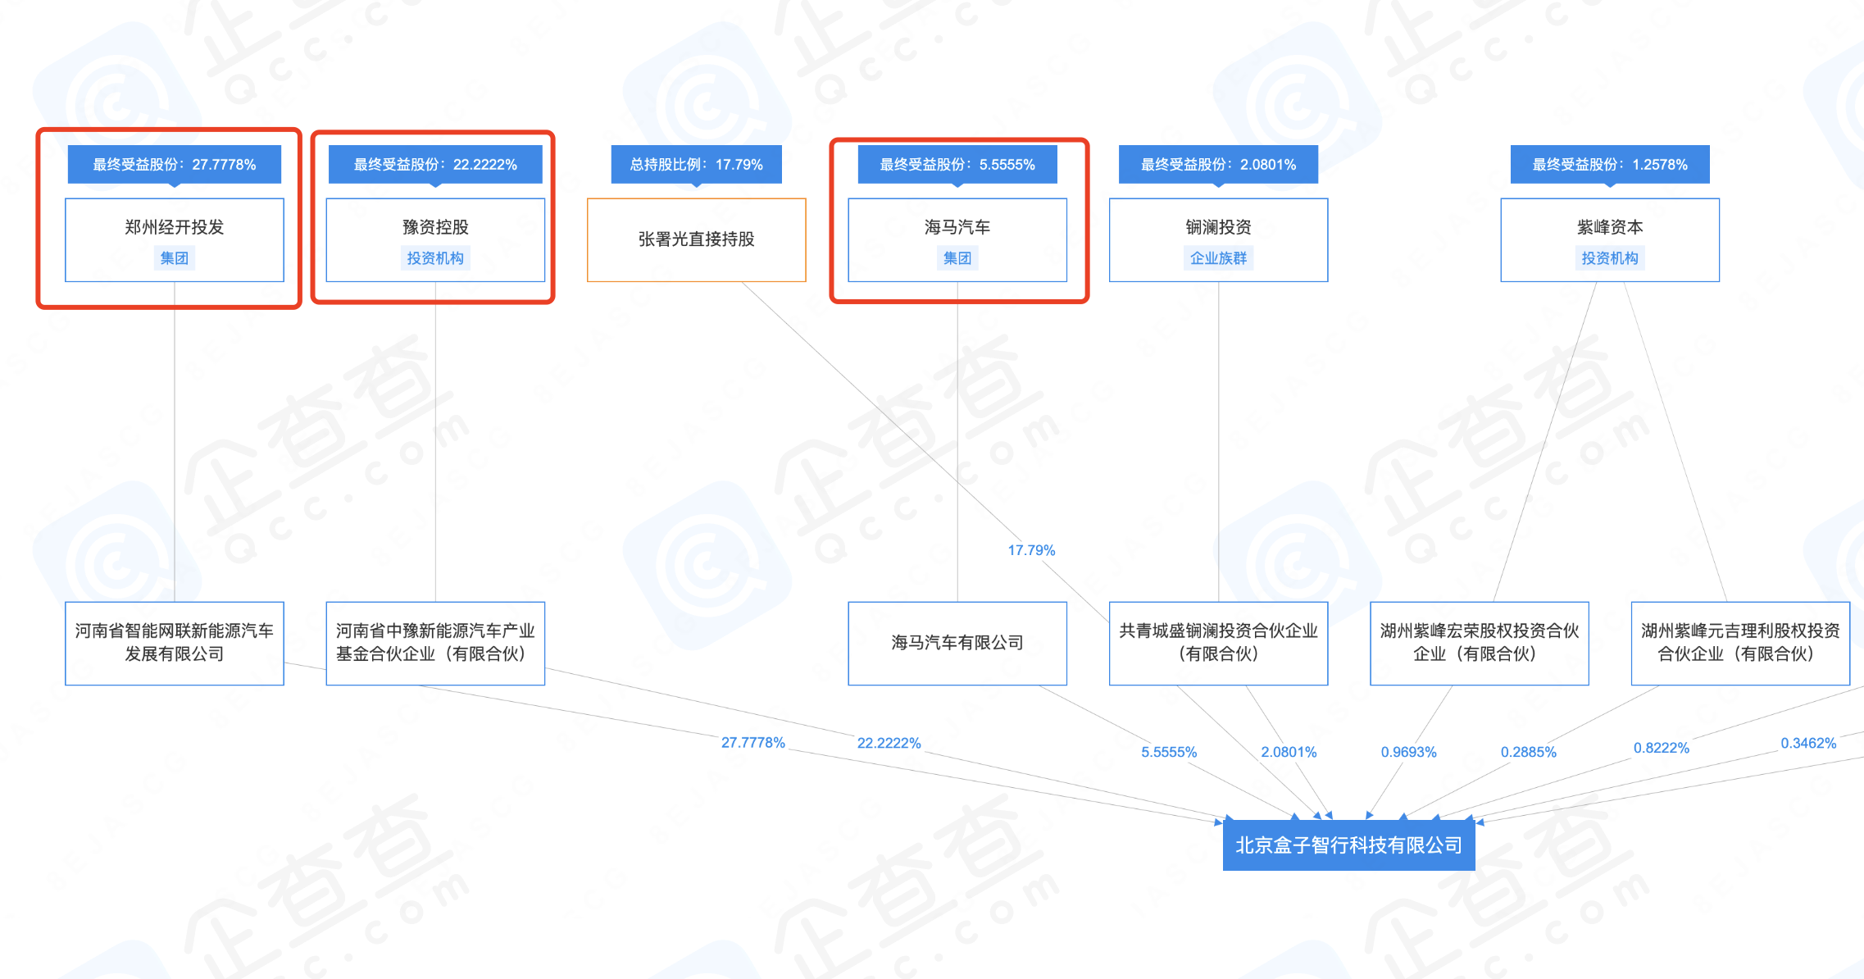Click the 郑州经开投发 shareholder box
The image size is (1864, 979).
click(175, 240)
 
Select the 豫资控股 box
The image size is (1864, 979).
click(435, 240)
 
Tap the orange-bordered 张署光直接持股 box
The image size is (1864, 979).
click(697, 240)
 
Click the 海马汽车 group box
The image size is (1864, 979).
click(957, 240)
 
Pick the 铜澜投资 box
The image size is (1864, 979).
click(1218, 240)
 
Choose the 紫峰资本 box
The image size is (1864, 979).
click(1610, 240)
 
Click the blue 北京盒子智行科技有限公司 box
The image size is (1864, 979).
click(1348, 845)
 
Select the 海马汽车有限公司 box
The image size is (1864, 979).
click(957, 644)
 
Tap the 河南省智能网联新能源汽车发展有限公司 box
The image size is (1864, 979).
click(175, 644)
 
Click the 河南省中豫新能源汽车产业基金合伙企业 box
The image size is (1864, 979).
click(435, 644)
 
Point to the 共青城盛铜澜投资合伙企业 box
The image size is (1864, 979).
click(1218, 644)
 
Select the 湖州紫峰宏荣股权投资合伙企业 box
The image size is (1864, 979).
click(1480, 644)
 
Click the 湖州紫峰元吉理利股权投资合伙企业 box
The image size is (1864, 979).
click(1740, 644)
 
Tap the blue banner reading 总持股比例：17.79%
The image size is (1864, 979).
click(697, 165)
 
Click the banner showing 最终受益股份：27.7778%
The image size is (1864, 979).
click(175, 165)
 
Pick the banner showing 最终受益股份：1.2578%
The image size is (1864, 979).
click(1610, 165)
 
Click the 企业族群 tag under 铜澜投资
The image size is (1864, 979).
click(1218, 258)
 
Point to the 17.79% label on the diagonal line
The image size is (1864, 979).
click(1031, 550)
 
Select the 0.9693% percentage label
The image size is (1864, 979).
click(1408, 752)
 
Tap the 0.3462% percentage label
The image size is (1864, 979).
click(1808, 743)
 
